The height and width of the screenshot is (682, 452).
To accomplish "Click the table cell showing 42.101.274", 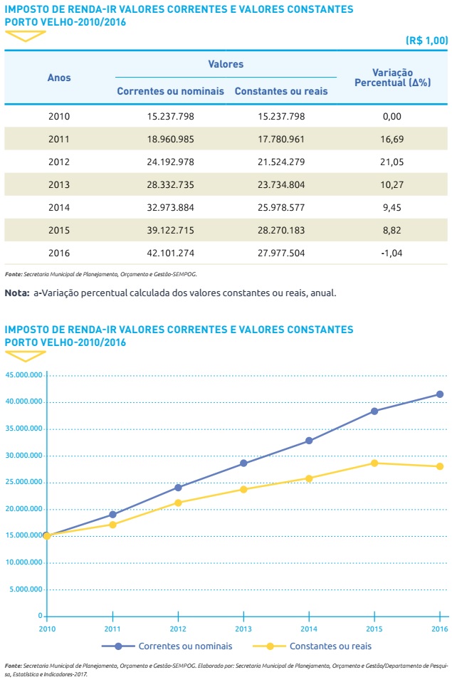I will [170, 253].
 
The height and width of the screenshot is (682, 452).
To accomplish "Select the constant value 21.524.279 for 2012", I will [281, 162].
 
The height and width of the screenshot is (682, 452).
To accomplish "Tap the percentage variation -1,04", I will [391, 253].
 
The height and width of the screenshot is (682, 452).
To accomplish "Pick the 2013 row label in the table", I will [59, 184].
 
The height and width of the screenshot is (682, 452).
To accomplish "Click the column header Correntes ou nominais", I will [170, 91].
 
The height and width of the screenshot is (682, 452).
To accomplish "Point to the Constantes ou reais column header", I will [281, 91].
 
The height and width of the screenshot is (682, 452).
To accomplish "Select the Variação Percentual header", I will [391, 78].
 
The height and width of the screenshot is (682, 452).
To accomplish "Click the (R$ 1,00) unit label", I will [426, 41].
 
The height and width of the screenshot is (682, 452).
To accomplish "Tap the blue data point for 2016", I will [440, 394].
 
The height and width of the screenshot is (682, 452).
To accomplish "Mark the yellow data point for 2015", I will [374, 463].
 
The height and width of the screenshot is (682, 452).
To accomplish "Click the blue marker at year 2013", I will [243, 463].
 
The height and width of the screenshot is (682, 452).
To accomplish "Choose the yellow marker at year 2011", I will [112, 525].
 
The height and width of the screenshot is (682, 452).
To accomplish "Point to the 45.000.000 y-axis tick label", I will [23, 374].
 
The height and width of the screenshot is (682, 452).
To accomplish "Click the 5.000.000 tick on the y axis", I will [25, 589].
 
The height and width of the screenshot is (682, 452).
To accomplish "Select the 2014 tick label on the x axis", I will [309, 629].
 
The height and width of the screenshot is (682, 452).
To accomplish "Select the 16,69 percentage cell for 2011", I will [391, 139].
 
